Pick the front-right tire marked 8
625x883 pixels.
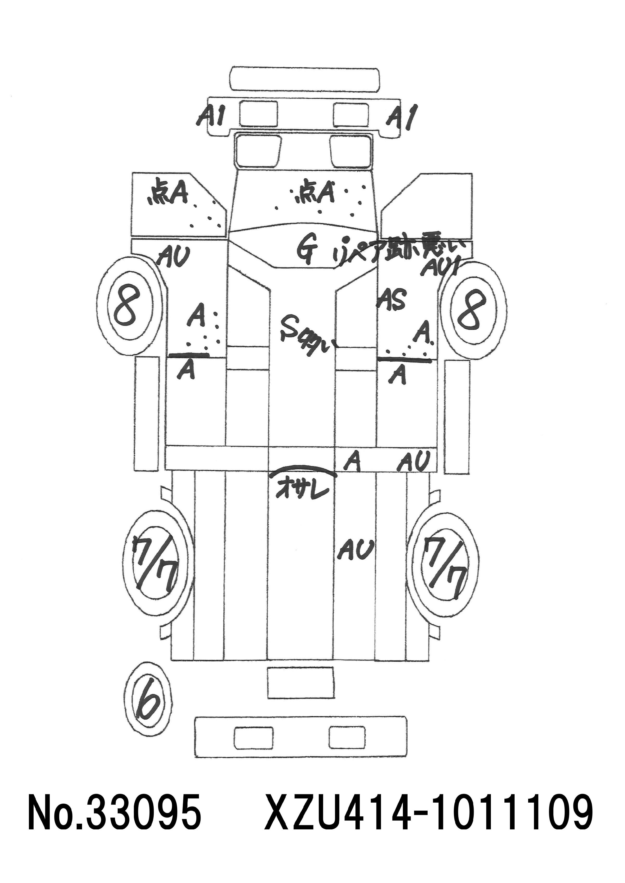[473, 308]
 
